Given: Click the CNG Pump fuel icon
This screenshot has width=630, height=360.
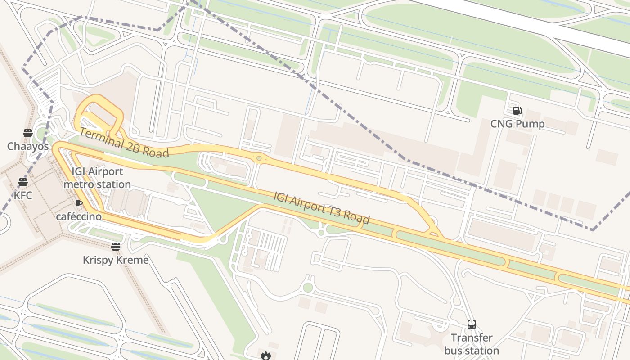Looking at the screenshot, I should [x=517, y=111].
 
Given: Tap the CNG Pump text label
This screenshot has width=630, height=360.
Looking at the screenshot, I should [x=517, y=124].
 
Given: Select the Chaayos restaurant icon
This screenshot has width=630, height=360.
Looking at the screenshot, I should [x=28, y=133].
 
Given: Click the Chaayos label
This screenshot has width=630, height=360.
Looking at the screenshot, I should [x=28, y=146].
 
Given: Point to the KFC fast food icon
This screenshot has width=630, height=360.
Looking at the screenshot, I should [x=23, y=182].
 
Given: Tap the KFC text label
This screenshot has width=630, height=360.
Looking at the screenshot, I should [x=23, y=195].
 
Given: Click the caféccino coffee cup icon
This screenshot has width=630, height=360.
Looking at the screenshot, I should [x=79, y=203].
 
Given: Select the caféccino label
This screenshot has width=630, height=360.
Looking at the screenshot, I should [x=79, y=216].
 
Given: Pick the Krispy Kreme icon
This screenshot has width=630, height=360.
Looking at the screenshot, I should [x=116, y=247].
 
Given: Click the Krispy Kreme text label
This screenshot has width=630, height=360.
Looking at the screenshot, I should [x=116, y=260].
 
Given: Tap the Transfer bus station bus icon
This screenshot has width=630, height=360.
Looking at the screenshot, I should [x=472, y=324].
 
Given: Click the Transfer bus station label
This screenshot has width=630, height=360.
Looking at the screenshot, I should [x=472, y=344].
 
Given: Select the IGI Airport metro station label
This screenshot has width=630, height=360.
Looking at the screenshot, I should [x=97, y=178].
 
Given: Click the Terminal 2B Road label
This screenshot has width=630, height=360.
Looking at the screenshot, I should [x=124, y=143].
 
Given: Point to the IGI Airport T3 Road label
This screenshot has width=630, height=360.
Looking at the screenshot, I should [x=322, y=207].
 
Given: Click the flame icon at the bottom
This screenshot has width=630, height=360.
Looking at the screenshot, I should [x=265, y=355].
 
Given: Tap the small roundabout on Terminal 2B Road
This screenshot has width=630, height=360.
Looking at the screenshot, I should [x=259, y=158].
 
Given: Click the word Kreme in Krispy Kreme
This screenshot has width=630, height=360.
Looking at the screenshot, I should [x=132, y=260].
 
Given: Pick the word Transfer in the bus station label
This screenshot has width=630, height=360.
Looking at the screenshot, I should [x=472, y=337].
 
